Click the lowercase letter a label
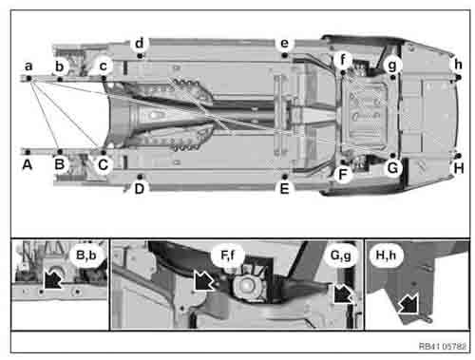(x=29, y=66)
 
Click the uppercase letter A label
(x=28, y=164)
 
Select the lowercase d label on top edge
(x=140, y=44)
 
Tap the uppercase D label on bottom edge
(x=140, y=188)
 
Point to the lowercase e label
(x=283, y=44)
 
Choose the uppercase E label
(x=283, y=188)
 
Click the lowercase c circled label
(x=104, y=66)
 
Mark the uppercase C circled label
(x=104, y=164)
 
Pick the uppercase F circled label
(x=344, y=175)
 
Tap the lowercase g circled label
(x=392, y=65)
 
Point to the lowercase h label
(x=459, y=65)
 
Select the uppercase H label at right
(x=459, y=168)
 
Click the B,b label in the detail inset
(x=83, y=256)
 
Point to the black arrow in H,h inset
(x=409, y=304)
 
